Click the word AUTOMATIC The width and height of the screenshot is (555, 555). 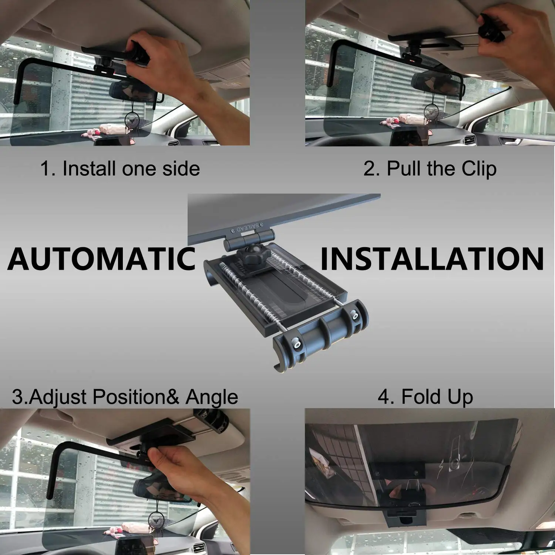(101, 259)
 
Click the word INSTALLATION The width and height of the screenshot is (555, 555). (432, 259)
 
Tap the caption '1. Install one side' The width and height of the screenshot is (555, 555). (120, 169)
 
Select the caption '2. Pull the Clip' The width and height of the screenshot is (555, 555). (430, 169)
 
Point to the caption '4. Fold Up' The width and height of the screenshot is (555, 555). (425, 397)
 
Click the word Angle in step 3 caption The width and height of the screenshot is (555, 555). (212, 397)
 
